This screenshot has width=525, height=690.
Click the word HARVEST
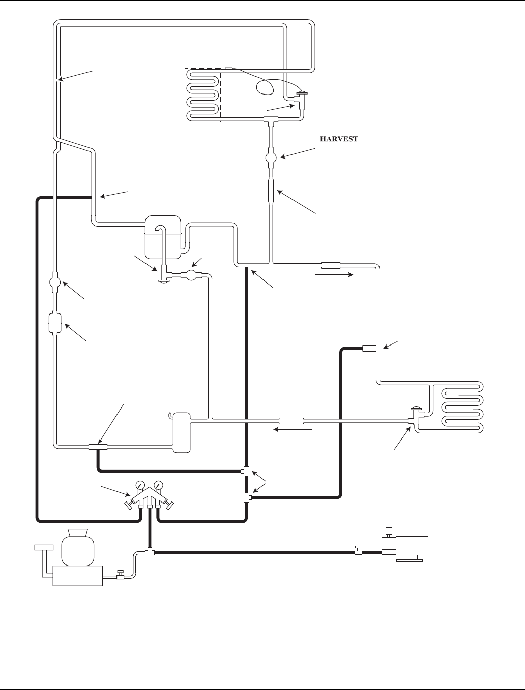click(x=338, y=138)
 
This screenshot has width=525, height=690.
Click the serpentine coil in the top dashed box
click(x=203, y=95)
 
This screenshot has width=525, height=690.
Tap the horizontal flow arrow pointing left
click(x=293, y=430)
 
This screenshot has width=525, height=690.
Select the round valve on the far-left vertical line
click(x=55, y=281)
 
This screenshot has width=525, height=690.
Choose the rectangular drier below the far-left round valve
click(x=55, y=323)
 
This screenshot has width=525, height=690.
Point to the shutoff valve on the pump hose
click(x=358, y=551)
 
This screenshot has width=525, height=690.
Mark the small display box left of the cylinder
click(x=44, y=547)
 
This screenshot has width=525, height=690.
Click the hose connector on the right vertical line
click(x=368, y=348)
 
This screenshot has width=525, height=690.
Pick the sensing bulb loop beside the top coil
click(x=265, y=87)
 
